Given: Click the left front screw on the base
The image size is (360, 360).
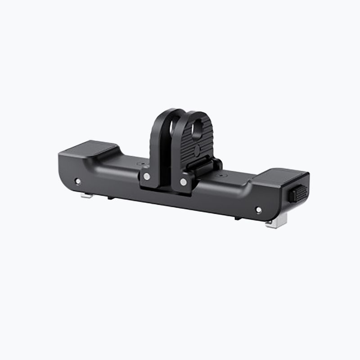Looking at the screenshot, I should click(x=78, y=181).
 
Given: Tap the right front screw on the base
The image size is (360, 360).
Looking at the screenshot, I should click(x=258, y=210).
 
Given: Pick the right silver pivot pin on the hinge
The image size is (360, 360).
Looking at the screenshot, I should click(x=183, y=182).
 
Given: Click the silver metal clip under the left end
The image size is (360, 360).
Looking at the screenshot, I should click(x=87, y=195).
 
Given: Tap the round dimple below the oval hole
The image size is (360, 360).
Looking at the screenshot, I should click(x=197, y=149).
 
